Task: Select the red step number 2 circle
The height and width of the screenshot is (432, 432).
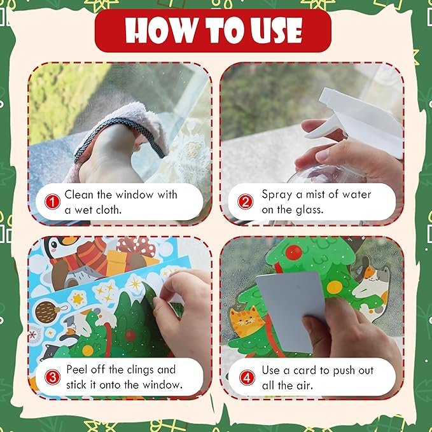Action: pos(246,202)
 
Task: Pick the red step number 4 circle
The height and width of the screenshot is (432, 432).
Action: pos(246,377)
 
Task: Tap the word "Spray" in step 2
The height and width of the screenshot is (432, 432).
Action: pos(277,194)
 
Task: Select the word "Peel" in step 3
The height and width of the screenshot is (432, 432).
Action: pos(77,370)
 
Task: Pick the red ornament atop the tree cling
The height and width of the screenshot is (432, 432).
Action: pos(293,253)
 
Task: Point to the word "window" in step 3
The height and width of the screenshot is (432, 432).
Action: pos(164,385)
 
